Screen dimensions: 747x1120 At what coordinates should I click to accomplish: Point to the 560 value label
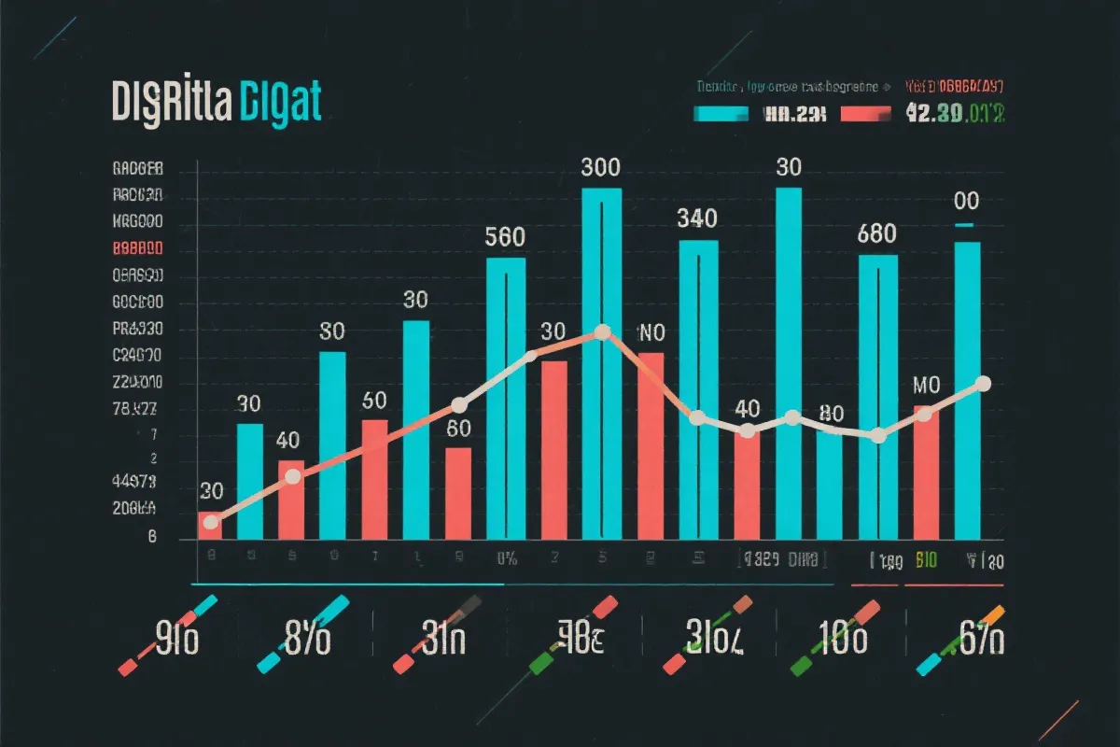click(x=505, y=237)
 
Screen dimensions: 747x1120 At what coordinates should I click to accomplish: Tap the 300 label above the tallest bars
click(x=600, y=169)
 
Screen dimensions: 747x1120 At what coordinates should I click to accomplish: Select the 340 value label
click(x=697, y=219)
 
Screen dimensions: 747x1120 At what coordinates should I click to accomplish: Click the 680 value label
click(x=877, y=234)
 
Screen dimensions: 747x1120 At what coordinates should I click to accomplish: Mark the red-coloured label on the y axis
click(x=138, y=249)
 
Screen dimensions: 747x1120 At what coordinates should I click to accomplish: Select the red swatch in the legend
click(x=867, y=114)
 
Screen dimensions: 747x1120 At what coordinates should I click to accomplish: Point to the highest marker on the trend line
click(x=602, y=331)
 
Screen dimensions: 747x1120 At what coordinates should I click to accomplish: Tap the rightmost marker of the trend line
click(x=982, y=383)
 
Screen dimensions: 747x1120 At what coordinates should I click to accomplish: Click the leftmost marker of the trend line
click(x=211, y=522)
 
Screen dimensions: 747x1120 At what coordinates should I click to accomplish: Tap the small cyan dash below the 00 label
click(x=964, y=225)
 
